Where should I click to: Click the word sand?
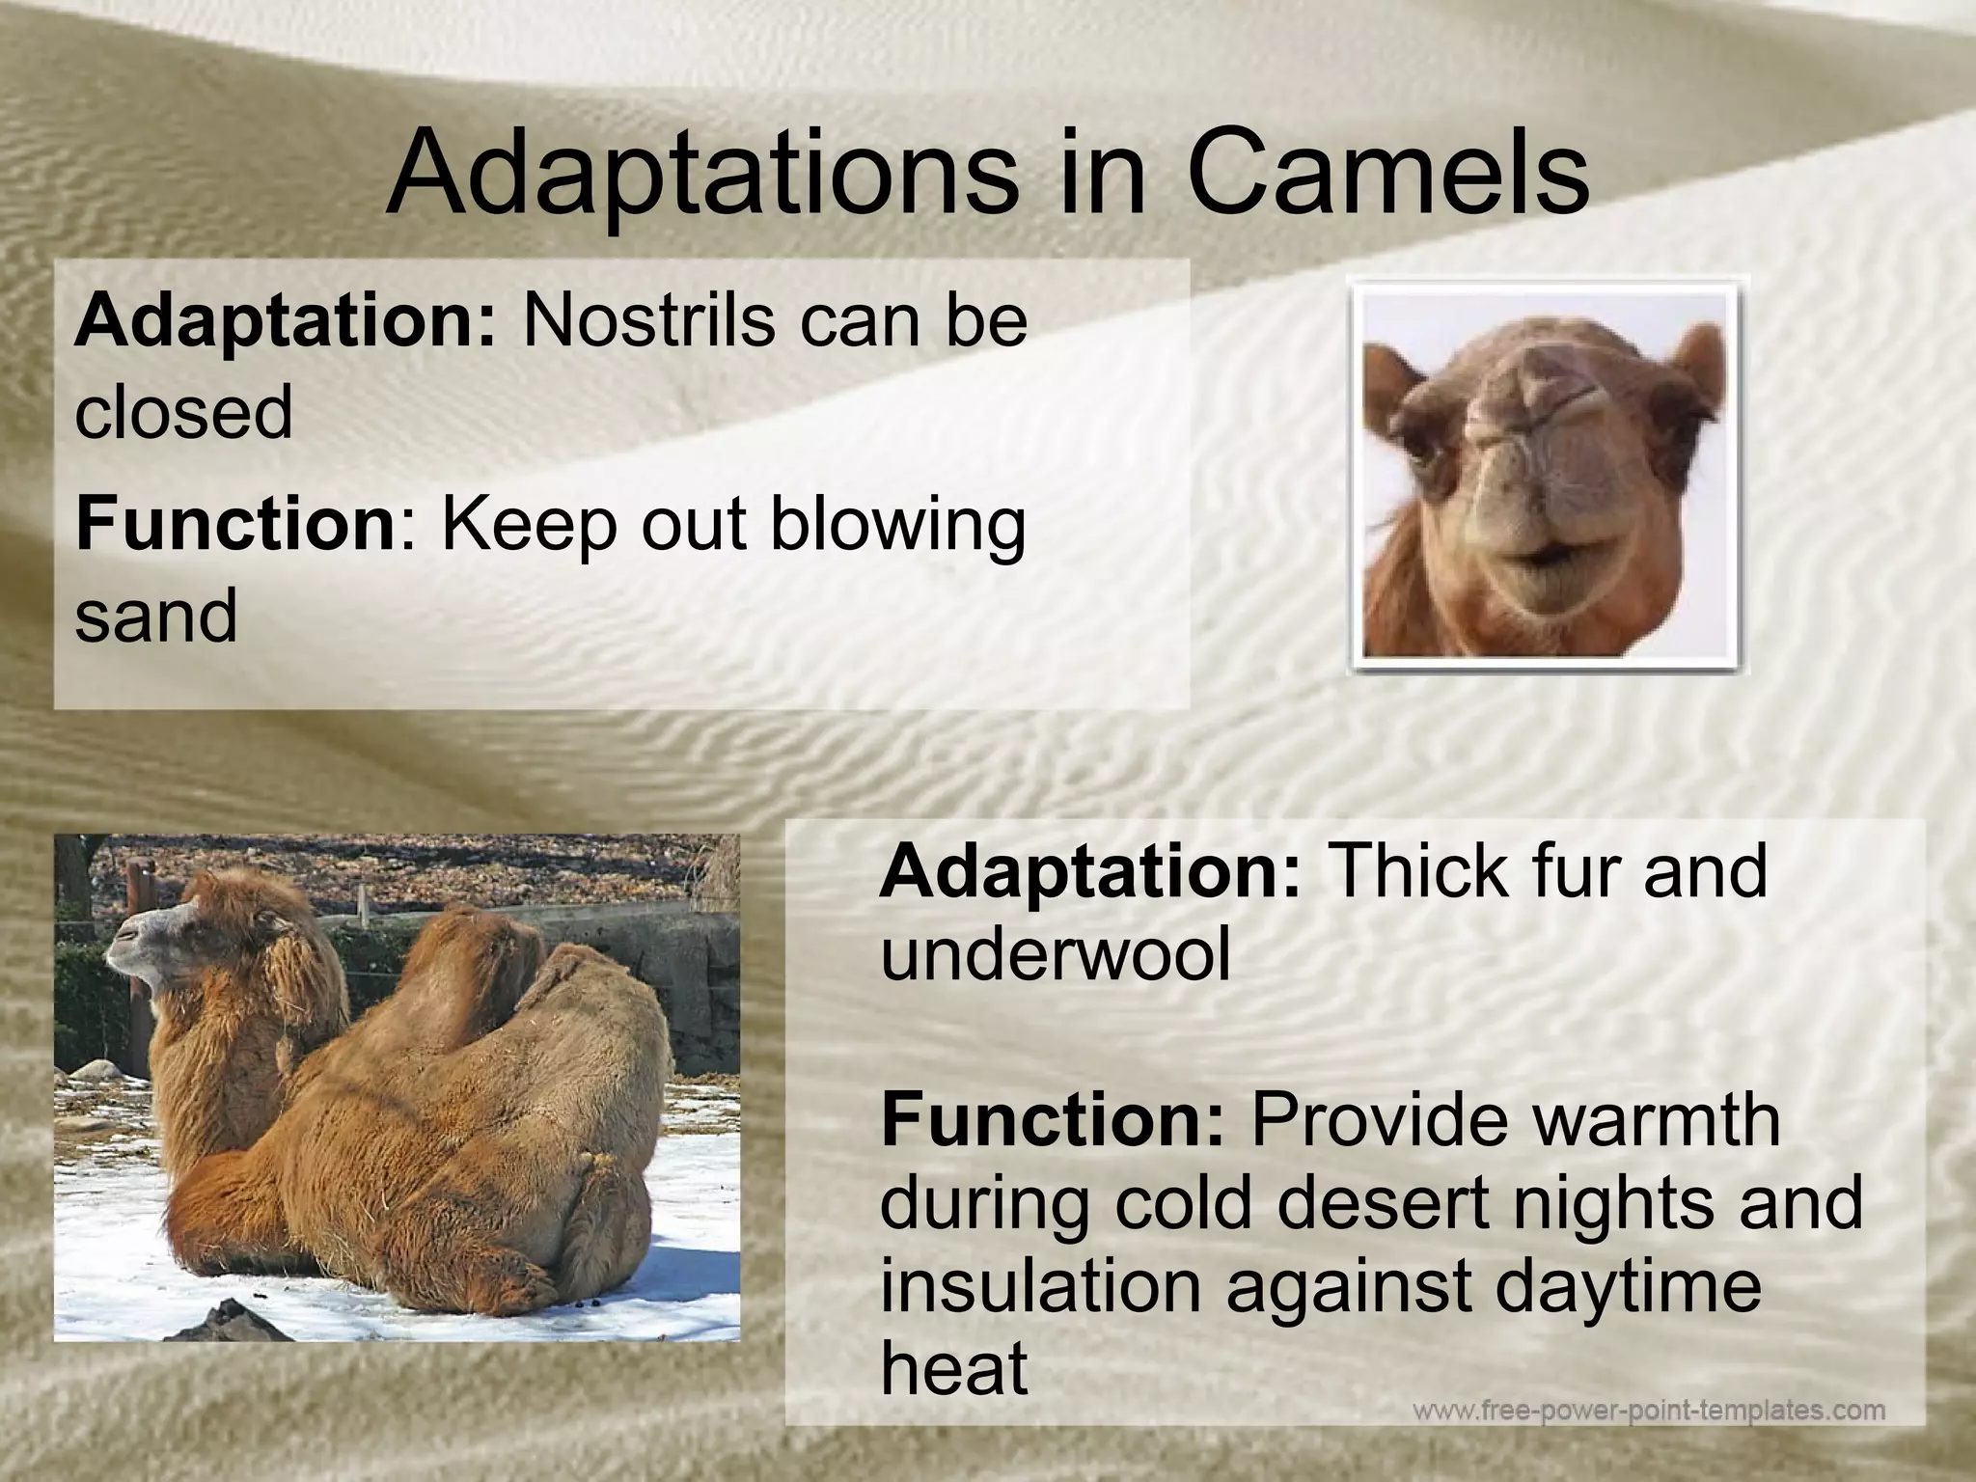coord(155,616)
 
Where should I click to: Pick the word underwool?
coord(1056,955)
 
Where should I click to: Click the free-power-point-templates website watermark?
coord(1648,1411)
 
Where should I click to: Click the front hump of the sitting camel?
coord(473,955)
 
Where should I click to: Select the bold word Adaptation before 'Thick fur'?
coord(1090,870)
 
